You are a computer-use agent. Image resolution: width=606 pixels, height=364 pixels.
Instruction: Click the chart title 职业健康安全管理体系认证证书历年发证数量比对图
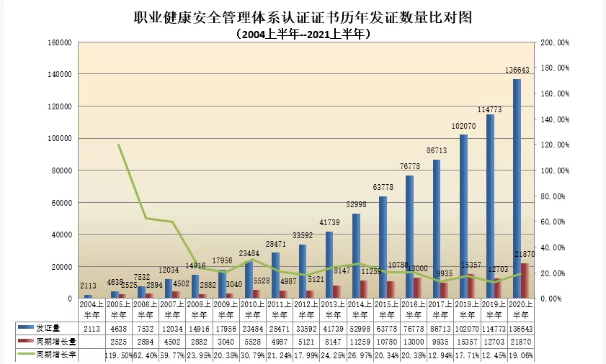coord(303,16)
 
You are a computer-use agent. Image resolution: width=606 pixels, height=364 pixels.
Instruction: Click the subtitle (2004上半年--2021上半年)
coord(303,33)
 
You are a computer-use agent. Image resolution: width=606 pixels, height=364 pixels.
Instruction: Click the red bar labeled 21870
coord(525,281)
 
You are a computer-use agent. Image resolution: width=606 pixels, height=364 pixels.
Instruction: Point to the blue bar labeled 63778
coord(383,247)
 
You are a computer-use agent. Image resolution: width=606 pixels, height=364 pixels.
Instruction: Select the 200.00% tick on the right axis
coord(554,42)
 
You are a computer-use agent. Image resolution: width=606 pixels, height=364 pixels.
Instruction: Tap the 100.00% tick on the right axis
coord(554,170)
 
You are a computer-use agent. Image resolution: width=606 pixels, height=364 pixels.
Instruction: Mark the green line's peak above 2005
coord(118,145)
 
